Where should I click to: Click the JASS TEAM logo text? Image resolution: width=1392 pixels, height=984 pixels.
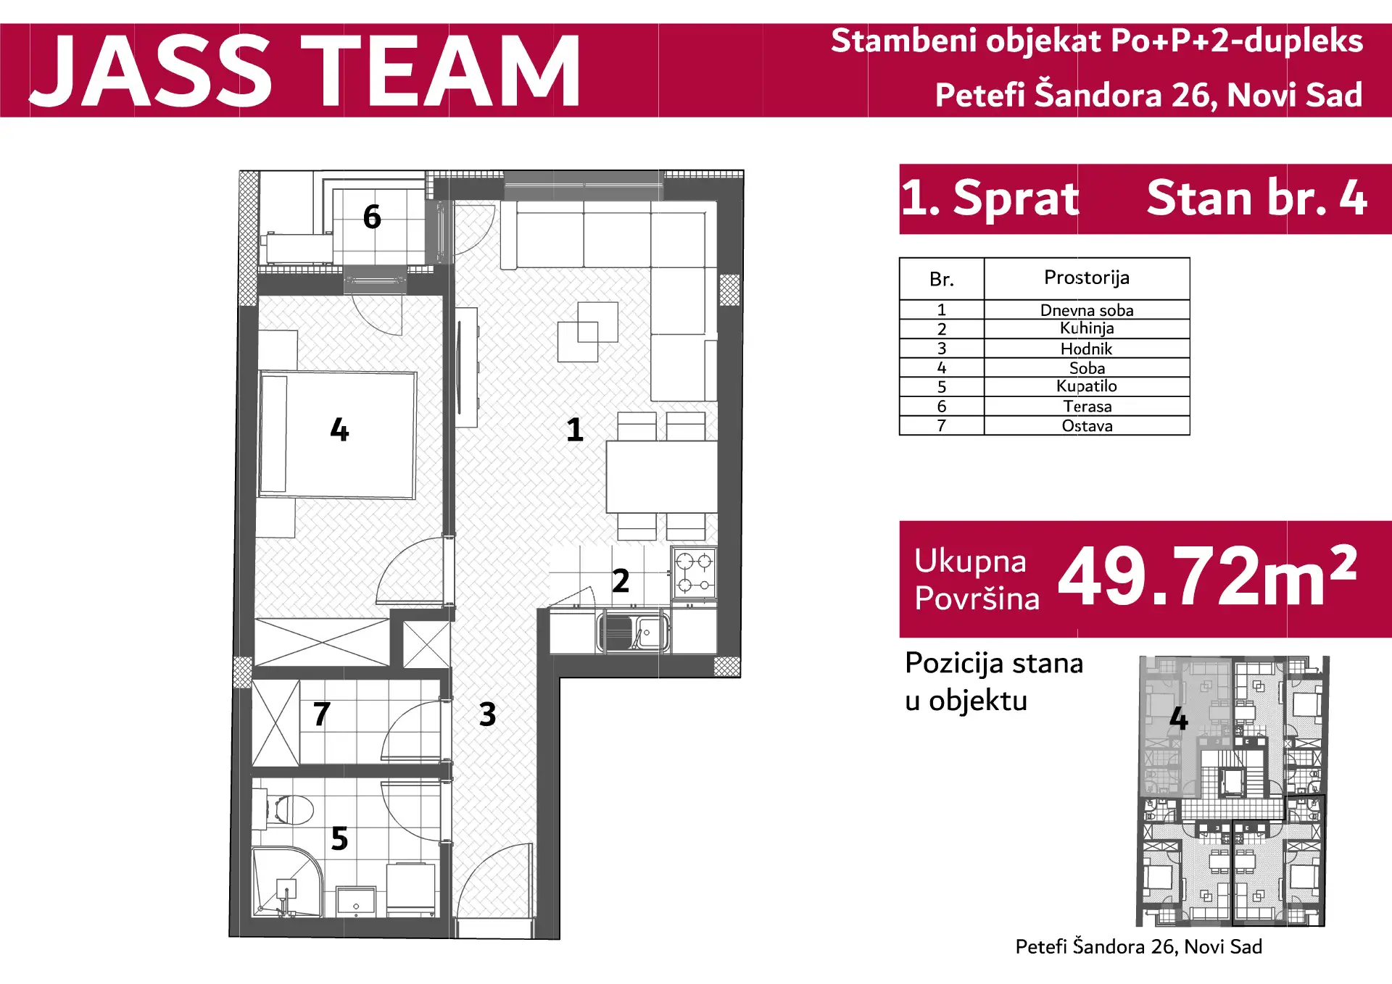304,70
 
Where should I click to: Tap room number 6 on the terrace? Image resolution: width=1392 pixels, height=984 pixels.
372,217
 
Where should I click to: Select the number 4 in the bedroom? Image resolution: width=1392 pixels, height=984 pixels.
339,430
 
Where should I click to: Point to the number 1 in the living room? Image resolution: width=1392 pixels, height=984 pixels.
575,430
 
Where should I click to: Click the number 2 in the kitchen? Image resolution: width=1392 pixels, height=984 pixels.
621,580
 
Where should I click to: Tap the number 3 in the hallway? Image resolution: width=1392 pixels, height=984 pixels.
488,714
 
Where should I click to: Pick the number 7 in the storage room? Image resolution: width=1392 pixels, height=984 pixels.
322,714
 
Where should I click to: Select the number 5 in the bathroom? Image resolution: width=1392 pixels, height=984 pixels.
339,838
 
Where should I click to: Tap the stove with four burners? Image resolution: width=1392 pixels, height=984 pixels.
694,572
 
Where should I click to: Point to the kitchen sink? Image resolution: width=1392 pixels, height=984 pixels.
633,632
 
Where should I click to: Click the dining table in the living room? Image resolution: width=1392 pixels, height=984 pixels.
662,477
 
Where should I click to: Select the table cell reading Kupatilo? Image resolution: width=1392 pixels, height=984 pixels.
1086,386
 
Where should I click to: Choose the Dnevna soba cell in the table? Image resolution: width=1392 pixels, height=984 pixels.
1086,310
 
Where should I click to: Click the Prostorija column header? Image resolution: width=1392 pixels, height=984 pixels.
1086,278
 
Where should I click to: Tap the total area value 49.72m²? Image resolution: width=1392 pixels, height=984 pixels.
1208,576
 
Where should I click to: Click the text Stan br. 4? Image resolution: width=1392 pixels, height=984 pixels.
1256,198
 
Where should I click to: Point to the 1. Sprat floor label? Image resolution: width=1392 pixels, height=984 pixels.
990,198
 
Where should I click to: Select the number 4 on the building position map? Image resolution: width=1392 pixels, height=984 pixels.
1179,719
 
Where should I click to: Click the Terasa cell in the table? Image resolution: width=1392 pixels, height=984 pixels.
1086,406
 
